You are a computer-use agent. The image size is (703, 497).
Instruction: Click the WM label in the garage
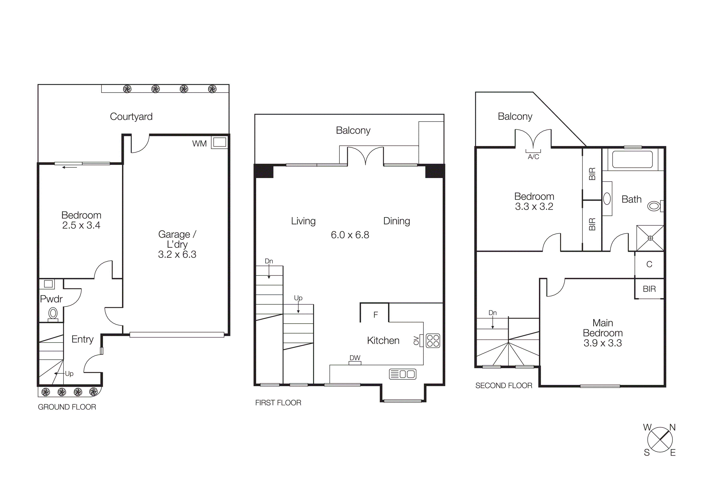click(199, 144)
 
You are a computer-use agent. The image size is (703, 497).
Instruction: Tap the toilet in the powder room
click(53, 314)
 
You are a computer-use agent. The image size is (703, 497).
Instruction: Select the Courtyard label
click(131, 117)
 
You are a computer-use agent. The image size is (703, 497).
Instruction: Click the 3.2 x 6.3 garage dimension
click(177, 254)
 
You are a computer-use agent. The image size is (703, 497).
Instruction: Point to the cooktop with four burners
click(433, 341)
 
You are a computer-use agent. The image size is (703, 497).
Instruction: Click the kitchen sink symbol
click(402, 374)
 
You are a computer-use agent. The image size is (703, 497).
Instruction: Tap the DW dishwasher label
click(355, 358)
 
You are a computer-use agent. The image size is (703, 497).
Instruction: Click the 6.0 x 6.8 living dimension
click(350, 235)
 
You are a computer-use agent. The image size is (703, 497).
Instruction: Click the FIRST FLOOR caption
click(278, 403)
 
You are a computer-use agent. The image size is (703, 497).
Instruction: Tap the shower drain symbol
click(650, 238)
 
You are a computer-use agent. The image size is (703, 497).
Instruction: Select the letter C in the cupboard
click(649, 264)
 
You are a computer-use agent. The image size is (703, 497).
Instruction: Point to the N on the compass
click(672, 427)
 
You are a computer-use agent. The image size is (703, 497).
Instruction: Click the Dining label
click(397, 221)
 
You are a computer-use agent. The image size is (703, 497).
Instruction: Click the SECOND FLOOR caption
click(503, 386)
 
